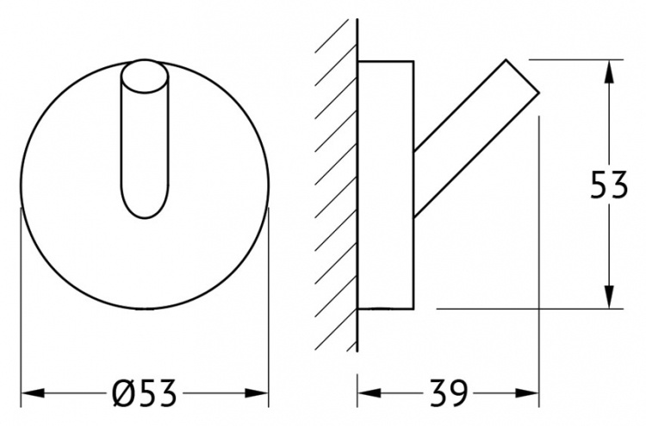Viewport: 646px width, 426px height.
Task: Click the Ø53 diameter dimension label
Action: (144, 392)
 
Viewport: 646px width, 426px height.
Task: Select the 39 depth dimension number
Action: (448, 392)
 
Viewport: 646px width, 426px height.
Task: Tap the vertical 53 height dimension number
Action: (609, 185)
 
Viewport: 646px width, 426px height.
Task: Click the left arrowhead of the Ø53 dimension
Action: (32, 392)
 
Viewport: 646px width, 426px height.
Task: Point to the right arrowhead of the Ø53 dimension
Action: (257, 392)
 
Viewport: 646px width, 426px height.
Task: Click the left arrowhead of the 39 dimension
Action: (369, 392)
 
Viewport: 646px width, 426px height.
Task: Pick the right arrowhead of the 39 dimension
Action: (527, 392)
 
